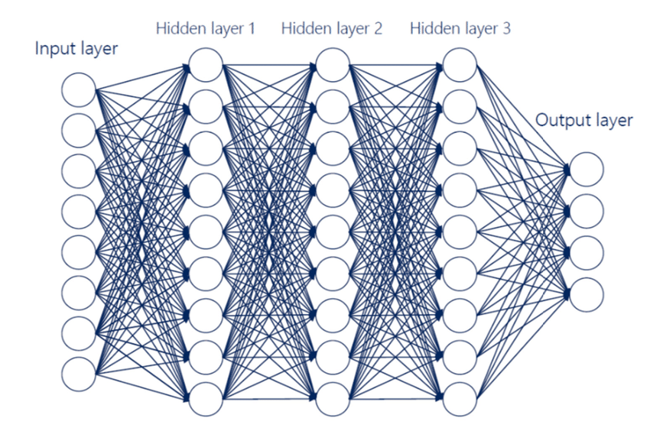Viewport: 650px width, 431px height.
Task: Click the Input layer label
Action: coord(76,50)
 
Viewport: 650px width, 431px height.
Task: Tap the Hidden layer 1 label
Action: coord(206,29)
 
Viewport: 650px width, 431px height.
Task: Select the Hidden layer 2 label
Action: coord(332,29)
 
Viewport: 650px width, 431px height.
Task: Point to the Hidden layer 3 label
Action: coord(460,29)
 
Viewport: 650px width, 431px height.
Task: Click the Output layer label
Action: coord(584,120)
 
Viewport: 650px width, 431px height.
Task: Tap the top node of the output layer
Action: coord(586,168)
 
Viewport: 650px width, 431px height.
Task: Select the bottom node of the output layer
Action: coord(586,293)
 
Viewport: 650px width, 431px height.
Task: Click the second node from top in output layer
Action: coord(586,210)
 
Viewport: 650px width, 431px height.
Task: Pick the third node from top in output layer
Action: coord(586,251)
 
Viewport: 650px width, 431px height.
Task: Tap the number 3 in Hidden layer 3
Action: coord(506,29)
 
